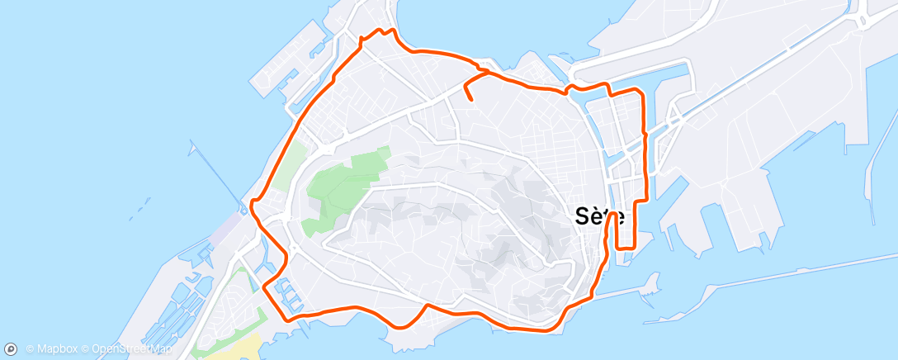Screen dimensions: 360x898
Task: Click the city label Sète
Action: point(599,216)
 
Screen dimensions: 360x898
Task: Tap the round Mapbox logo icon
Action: point(12,349)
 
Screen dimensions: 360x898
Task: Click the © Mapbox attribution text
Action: point(52,349)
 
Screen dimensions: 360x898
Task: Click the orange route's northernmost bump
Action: point(381,31)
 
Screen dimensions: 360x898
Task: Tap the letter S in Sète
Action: point(583,216)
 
